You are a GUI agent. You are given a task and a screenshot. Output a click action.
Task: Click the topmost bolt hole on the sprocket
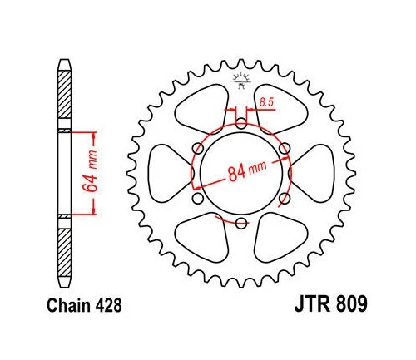[240, 126]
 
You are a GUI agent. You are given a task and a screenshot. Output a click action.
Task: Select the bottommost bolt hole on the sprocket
[240, 224]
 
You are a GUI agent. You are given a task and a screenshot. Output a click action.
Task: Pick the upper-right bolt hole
[284, 150]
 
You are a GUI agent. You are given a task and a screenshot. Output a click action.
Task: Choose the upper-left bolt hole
[197, 150]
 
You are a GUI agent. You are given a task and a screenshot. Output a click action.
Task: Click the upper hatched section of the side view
[65, 100]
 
